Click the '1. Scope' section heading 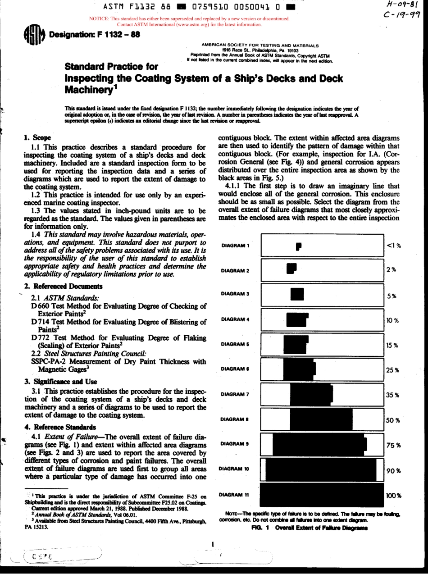click(37, 137)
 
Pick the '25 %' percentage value click(392, 370)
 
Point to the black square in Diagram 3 click(298, 294)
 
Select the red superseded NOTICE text click(189, 22)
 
